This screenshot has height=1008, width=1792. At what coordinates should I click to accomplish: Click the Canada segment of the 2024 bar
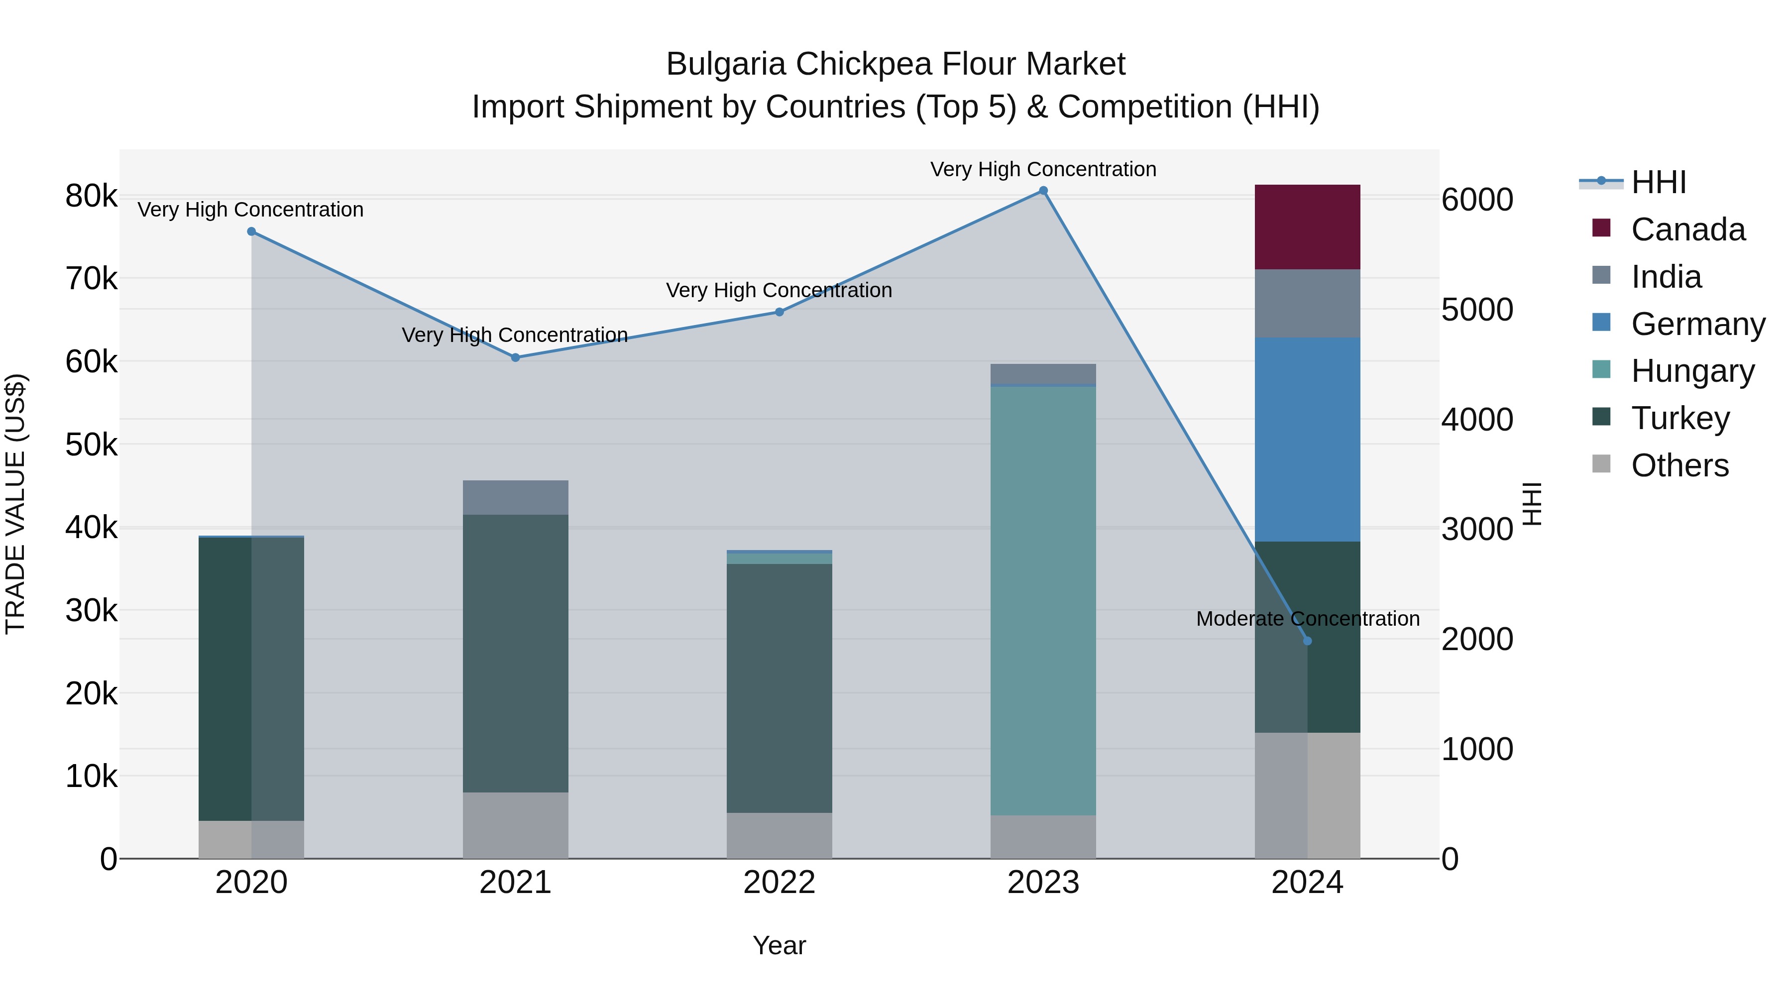1307,227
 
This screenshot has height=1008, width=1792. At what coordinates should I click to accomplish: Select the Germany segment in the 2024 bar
1307,439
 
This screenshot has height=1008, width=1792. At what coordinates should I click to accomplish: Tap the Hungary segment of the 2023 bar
1043,600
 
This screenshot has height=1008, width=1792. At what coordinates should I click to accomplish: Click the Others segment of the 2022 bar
779,835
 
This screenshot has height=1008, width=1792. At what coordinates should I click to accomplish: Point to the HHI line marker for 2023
1043,191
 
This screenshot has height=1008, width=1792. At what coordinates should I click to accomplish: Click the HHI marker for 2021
516,357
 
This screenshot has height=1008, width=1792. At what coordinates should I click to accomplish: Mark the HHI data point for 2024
1307,641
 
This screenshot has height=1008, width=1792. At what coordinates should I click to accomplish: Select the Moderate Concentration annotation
1307,618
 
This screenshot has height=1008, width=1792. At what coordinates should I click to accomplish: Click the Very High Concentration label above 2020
250,210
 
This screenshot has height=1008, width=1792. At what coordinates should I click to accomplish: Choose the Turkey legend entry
1680,418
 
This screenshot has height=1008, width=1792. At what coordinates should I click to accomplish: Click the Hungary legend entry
1692,371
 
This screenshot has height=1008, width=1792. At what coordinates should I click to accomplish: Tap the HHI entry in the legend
1659,182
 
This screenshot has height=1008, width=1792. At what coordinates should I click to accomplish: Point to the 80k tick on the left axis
91,196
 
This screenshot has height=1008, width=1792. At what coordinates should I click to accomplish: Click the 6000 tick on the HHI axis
1477,200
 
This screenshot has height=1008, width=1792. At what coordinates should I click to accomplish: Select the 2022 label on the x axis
779,883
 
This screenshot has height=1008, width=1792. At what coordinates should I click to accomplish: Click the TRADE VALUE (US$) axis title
15,504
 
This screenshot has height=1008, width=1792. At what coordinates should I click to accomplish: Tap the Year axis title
779,945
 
